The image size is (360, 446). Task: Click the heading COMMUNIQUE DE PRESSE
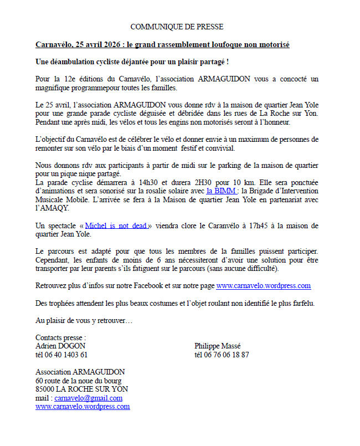(177, 27)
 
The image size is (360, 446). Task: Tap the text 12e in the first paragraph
(73, 79)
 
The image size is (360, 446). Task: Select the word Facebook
(146, 286)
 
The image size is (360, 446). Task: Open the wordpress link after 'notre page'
(263, 286)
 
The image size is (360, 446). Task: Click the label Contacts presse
(60, 337)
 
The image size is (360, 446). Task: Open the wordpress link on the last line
(83, 406)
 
